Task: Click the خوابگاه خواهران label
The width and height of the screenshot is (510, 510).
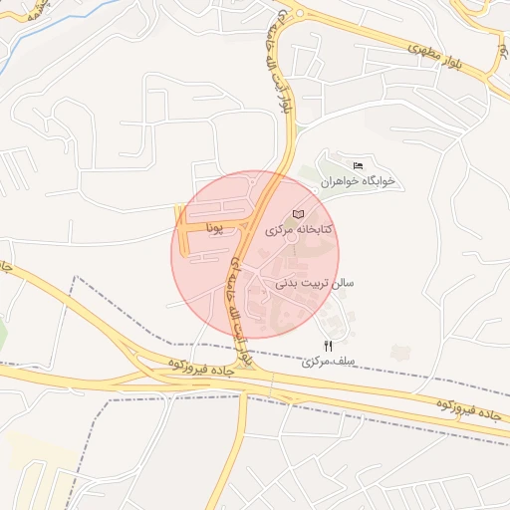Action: coord(359,181)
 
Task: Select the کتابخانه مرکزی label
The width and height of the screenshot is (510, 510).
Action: coord(299,230)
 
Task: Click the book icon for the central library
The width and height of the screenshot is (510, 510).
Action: coord(299,215)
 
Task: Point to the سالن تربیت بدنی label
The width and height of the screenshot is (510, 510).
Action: coord(314,284)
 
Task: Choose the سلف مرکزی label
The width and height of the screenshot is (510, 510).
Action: coord(330,363)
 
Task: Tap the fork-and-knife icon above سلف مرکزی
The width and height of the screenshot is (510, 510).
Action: coord(329,346)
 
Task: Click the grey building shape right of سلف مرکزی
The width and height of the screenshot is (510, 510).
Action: coord(400,352)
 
